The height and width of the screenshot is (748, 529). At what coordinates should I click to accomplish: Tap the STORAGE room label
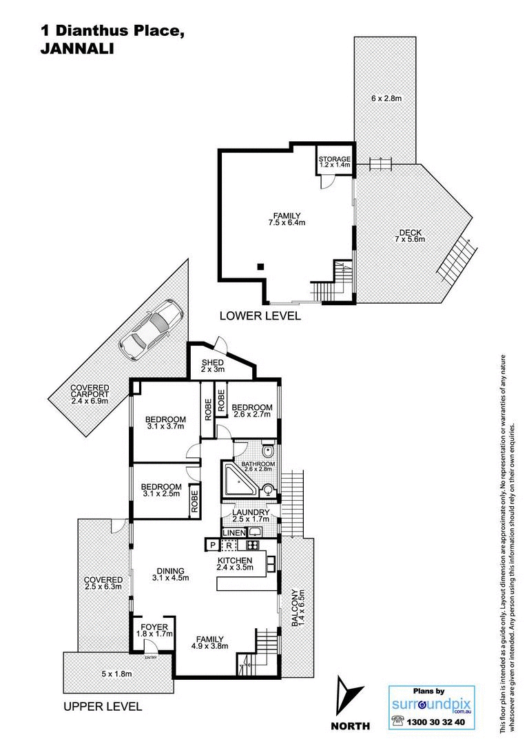click(335, 159)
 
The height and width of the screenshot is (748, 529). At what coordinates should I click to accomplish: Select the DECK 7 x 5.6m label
click(410, 236)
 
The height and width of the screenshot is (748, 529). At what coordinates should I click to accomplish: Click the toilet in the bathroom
click(268, 451)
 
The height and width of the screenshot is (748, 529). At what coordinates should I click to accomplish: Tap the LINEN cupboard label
click(234, 532)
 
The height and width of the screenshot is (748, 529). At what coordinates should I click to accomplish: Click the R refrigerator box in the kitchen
click(229, 545)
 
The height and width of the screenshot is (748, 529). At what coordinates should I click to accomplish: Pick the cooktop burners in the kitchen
click(252, 545)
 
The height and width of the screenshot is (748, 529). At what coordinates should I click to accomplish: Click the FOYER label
click(154, 627)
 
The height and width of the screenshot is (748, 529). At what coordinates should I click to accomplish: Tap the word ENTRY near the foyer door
click(152, 658)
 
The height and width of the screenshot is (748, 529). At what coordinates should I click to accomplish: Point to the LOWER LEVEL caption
click(260, 315)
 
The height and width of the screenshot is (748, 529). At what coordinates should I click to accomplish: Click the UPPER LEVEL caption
click(103, 707)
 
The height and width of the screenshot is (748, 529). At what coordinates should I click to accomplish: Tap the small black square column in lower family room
click(260, 267)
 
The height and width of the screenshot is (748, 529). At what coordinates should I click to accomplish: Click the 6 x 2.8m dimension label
click(386, 98)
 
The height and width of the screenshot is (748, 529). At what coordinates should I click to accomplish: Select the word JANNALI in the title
click(77, 49)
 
